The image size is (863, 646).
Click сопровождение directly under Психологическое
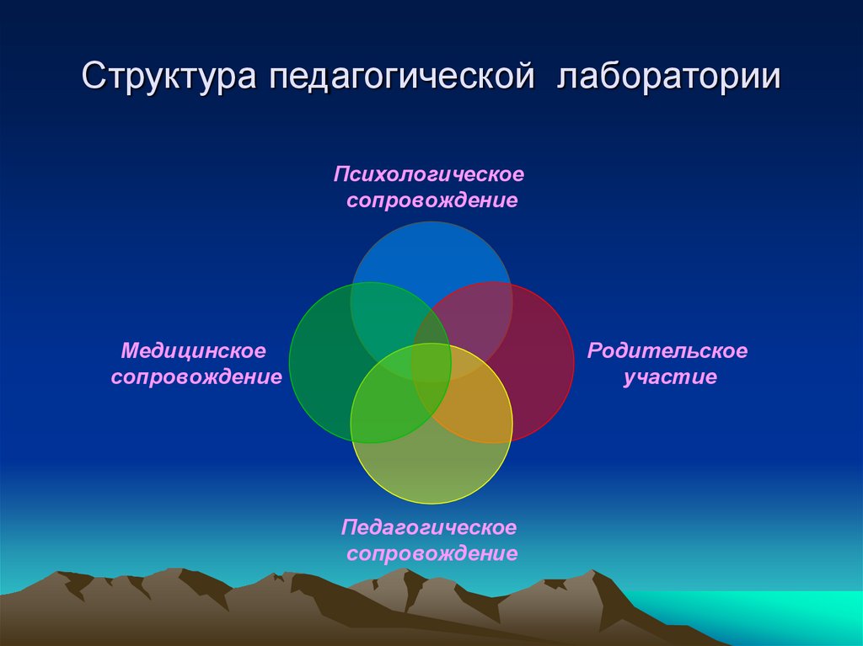pos(431,200)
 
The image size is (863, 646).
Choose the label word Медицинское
pos(193,349)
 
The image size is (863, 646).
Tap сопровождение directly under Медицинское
pos(196,376)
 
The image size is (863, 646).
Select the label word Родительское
pos(667,350)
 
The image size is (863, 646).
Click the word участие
pos(670,376)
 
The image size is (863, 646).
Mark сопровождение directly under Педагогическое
pos(431,553)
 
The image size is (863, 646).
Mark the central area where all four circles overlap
pos(431,362)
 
